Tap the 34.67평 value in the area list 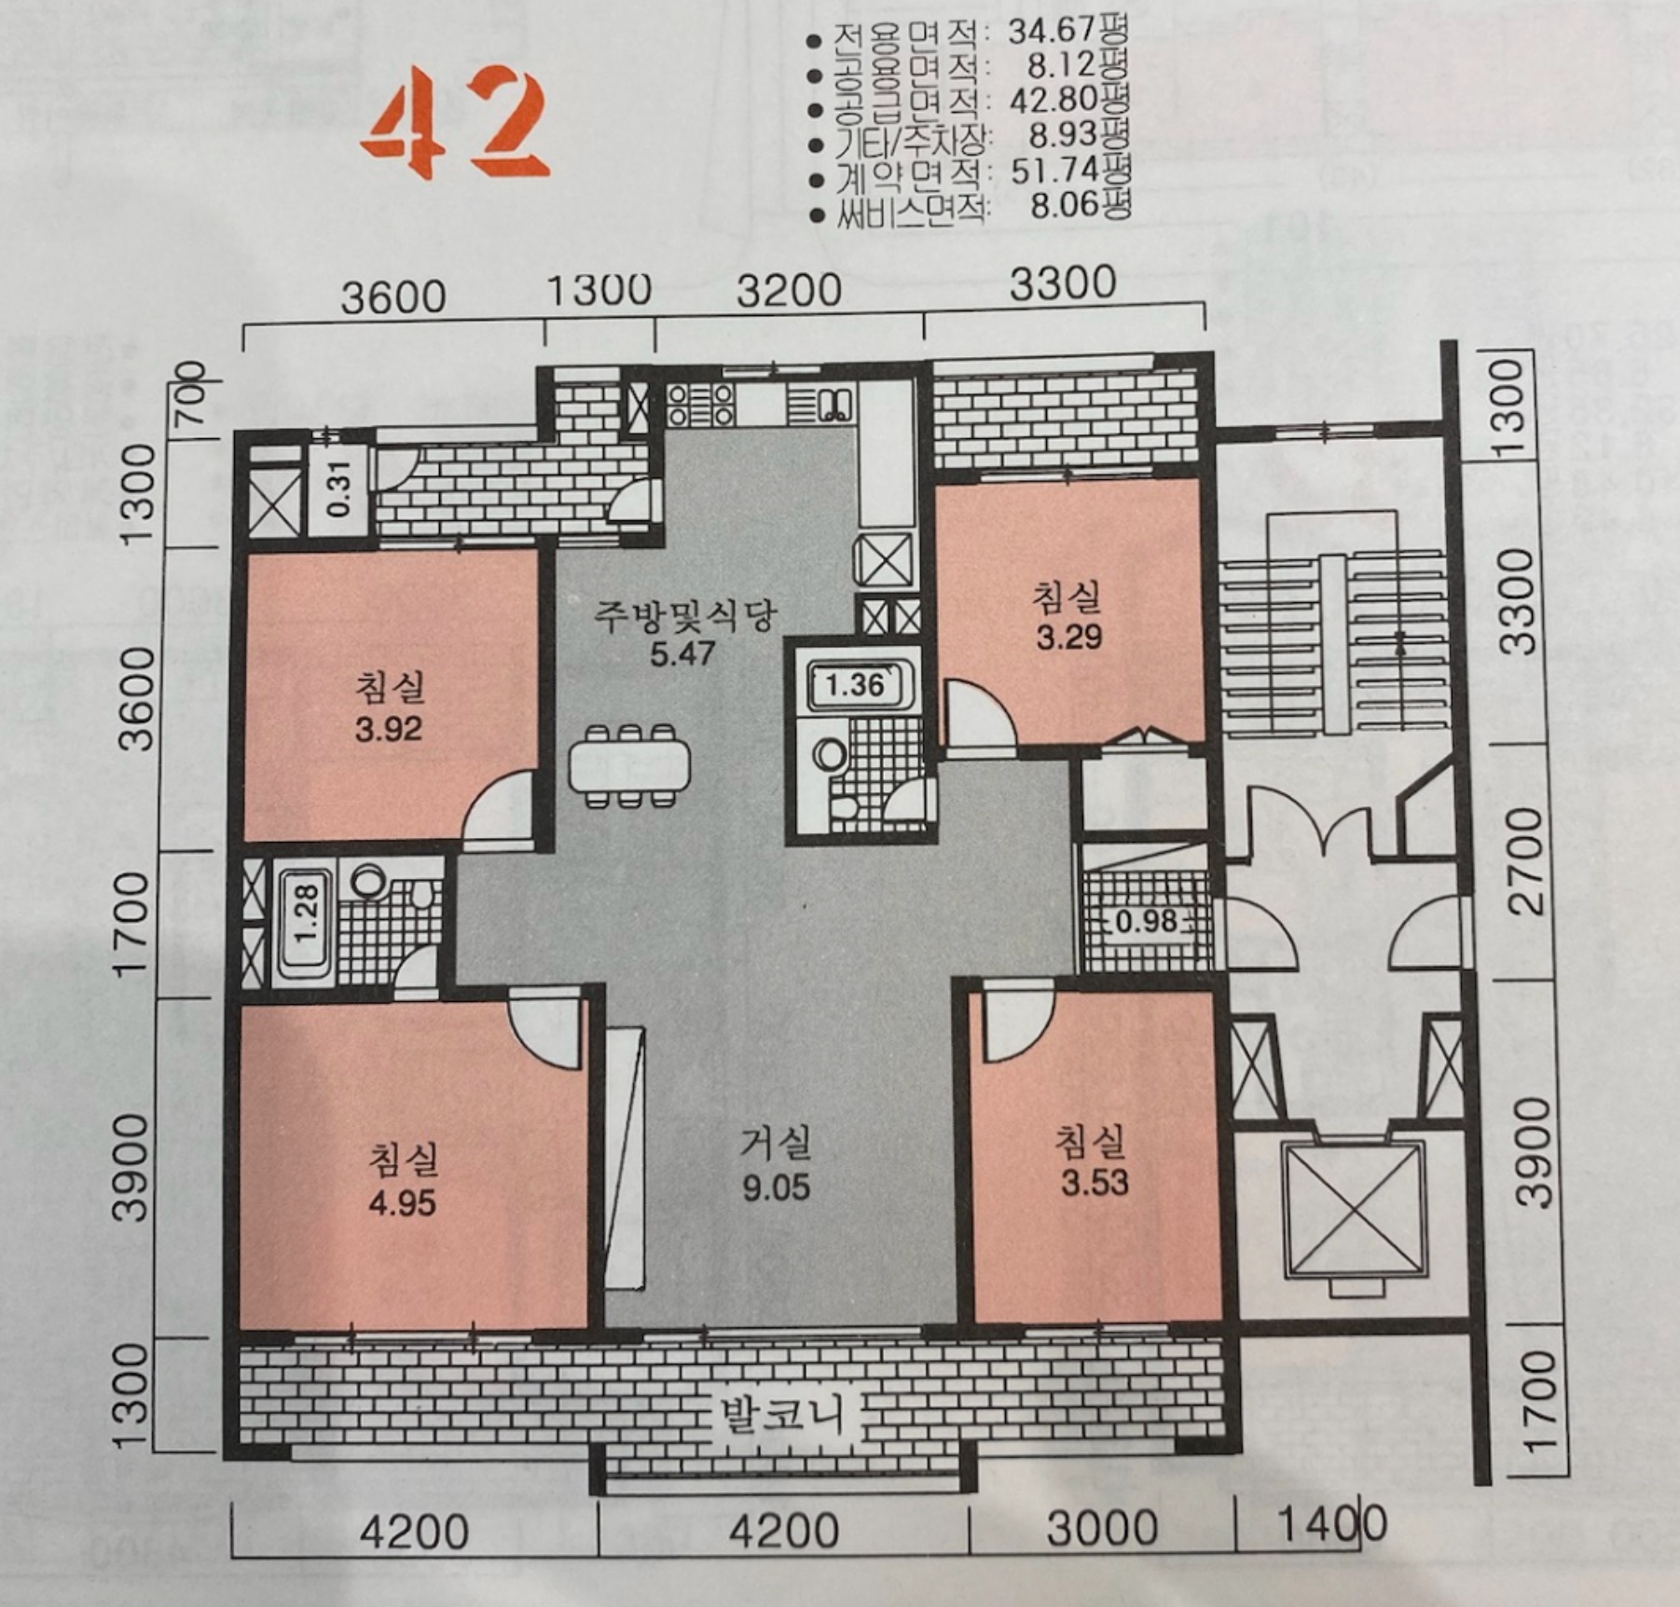click(1068, 30)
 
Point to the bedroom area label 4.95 click(403, 1203)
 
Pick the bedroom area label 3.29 click(1069, 638)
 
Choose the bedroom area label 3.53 click(1095, 1183)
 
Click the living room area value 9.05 click(777, 1188)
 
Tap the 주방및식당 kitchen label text click(685, 615)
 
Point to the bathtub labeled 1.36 click(856, 686)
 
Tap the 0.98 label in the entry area click(1147, 922)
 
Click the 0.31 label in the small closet click(340, 489)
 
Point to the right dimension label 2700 click(1528, 862)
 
